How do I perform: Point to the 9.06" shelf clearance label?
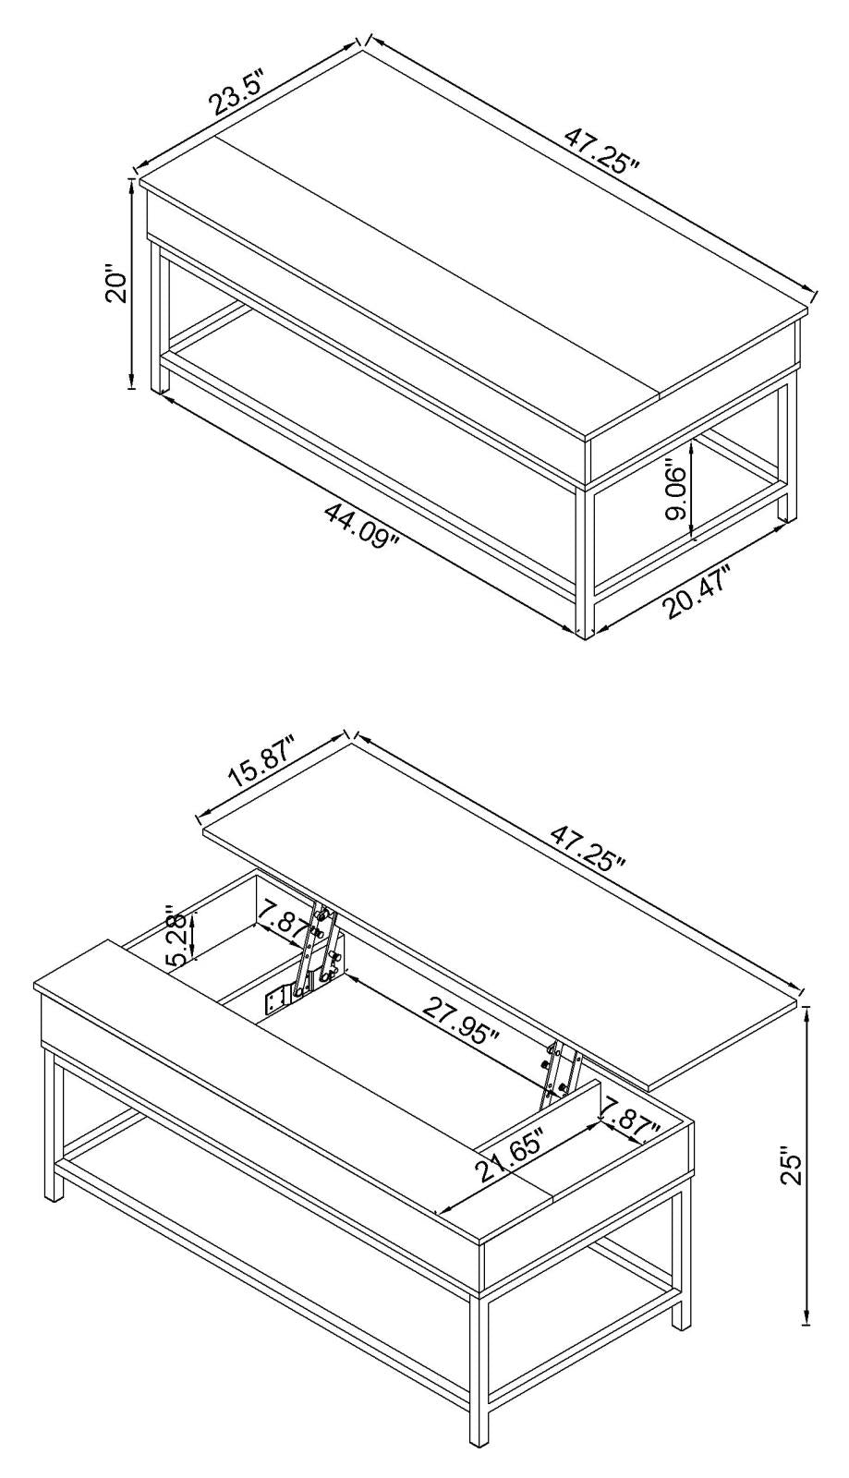click(x=678, y=493)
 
